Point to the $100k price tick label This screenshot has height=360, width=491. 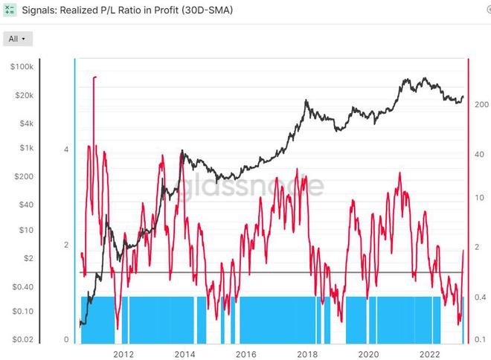pyautogui.click(x=22, y=67)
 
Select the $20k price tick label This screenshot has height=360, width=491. pyautogui.click(x=23, y=96)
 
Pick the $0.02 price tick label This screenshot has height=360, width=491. pyautogui.click(x=22, y=339)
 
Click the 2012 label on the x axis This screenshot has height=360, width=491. pyautogui.click(x=123, y=353)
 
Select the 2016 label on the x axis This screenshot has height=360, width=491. pyautogui.click(x=246, y=353)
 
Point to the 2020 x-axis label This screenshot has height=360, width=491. pyautogui.click(x=369, y=353)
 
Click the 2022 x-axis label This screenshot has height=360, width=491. pyautogui.click(x=431, y=353)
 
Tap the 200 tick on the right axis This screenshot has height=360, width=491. pyautogui.click(x=481, y=105)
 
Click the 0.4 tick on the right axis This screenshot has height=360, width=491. pyautogui.click(x=480, y=298)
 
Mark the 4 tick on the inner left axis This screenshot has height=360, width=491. pyautogui.click(x=66, y=150)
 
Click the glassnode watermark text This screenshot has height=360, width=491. pyautogui.click(x=250, y=187)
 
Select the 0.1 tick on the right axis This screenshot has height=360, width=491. pyautogui.click(x=480, y=339)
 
